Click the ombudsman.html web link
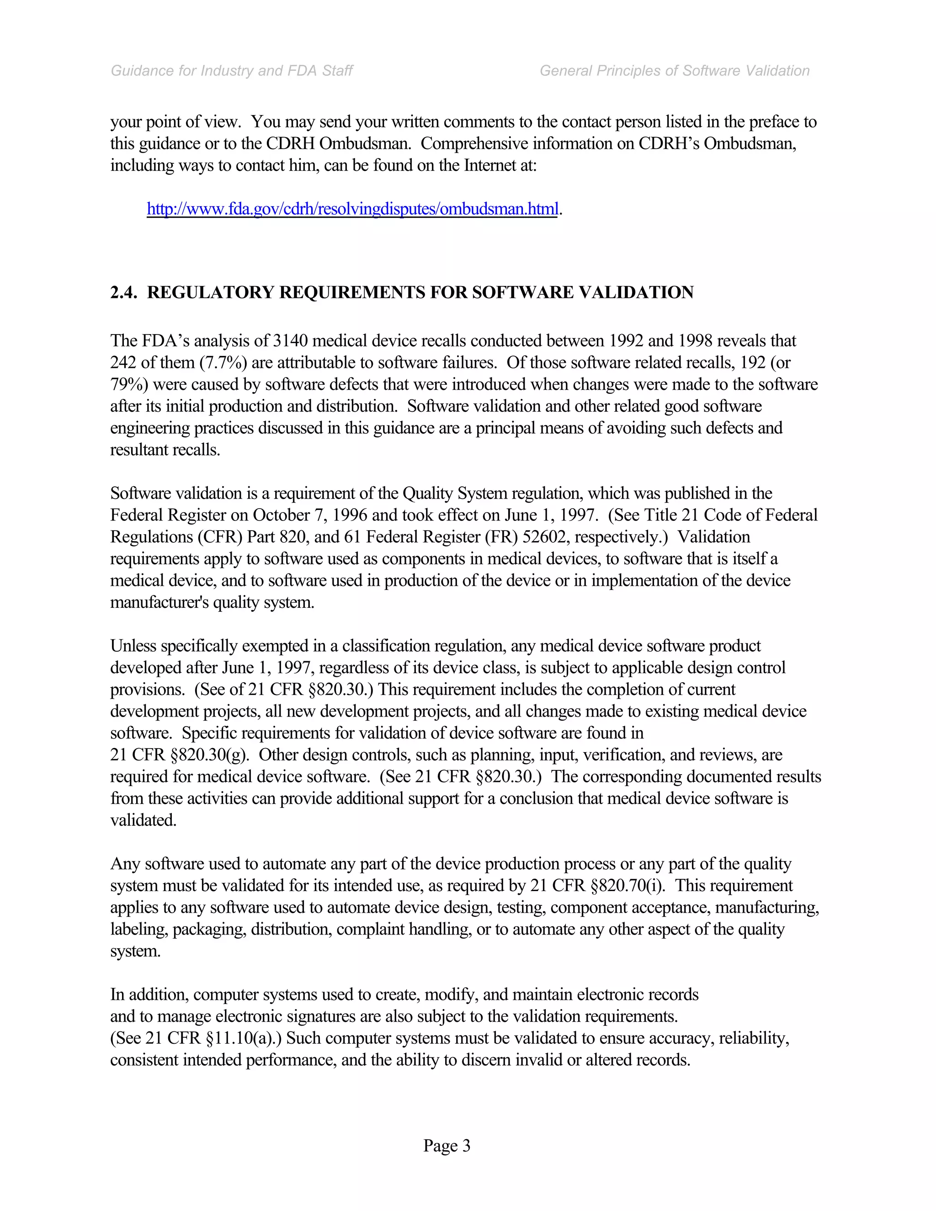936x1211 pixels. click(351, 209)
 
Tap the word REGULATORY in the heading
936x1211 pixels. click(210, 292)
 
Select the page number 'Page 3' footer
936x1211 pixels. click(447, 1145)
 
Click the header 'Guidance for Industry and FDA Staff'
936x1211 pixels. click(232, 71)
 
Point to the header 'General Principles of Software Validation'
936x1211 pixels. click(674, 71)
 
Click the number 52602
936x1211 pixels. click(546, 537)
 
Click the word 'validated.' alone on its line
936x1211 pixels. click(143, 820)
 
